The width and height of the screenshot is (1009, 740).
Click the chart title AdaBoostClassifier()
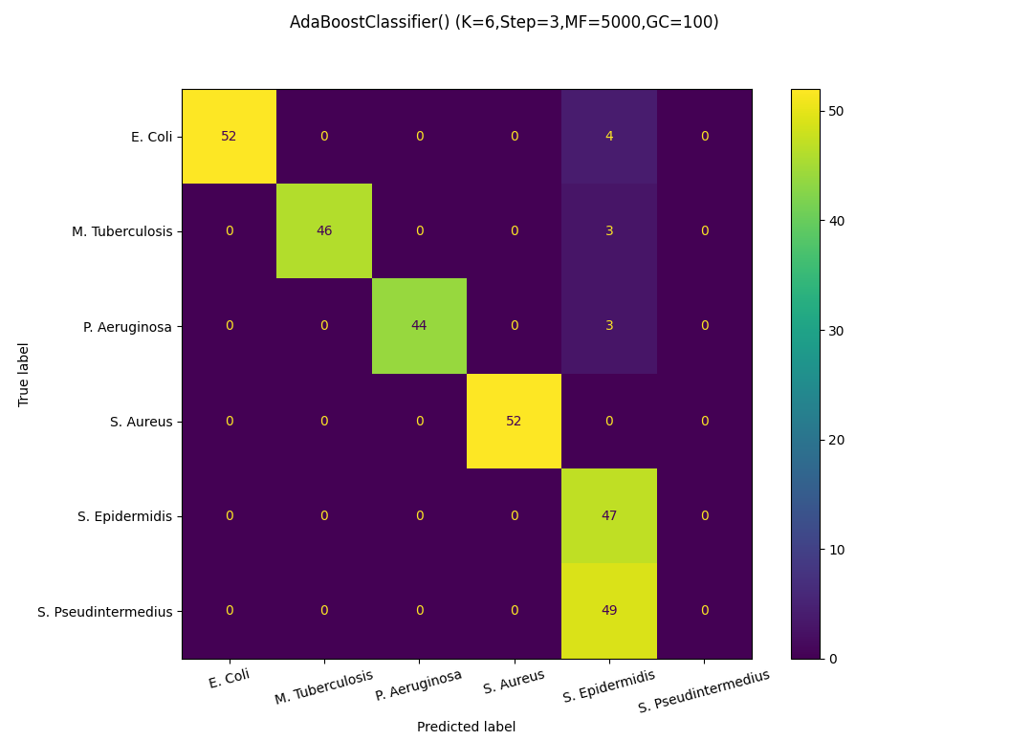click(504, 22)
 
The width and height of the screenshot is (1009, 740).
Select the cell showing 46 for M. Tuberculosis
click(324, 230)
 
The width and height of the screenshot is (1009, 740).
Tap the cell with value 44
click(419, 325)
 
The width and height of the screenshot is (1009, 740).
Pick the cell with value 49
click(609, 610)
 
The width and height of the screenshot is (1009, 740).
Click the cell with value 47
click(609, 515)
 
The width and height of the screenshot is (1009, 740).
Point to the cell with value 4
click(609, 136)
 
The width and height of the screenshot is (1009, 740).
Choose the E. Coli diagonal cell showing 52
click(229, 136)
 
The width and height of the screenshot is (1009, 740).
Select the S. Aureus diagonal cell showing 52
click(514, 421)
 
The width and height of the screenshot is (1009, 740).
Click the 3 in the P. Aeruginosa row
click(609, 325)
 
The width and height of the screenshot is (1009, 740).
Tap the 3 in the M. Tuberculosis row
click(609, 230)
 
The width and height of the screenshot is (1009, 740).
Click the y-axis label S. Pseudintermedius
click(105, 611)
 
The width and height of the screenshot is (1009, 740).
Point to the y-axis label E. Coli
click(151, 137)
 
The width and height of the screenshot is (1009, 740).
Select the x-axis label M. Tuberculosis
click(324, 686)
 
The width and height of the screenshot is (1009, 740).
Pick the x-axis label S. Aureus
click(514, 681)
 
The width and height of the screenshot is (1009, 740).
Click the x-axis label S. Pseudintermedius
click(703, 690)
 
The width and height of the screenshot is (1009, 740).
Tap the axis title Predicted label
click(466, 727)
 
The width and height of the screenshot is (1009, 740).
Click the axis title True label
click(24, 374)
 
